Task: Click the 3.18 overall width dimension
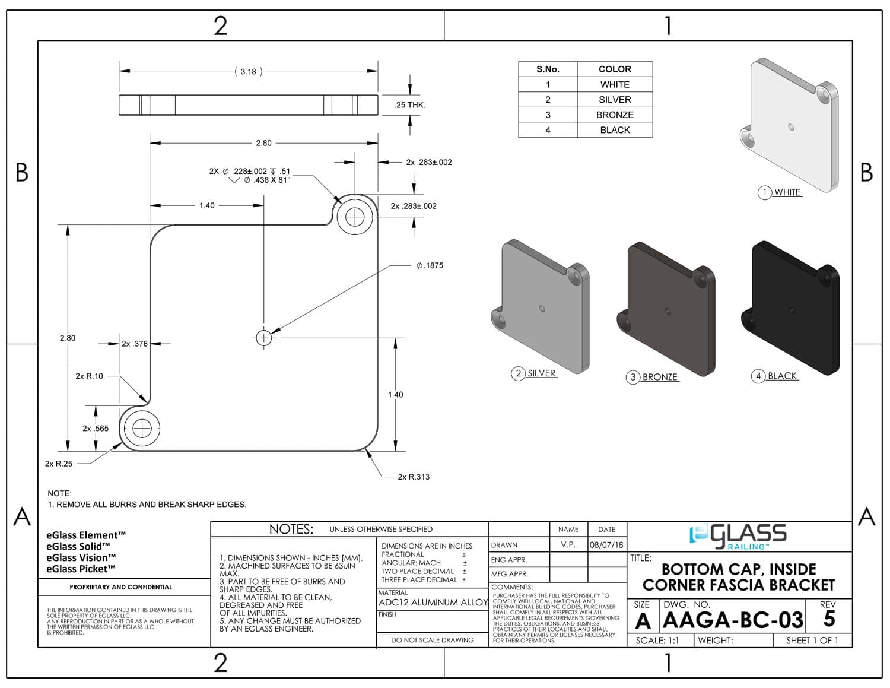(248, 72)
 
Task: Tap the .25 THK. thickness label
(410, 105)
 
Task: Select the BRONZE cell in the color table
(615, 115)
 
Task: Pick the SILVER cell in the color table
(615, 100)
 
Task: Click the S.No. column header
(548, 69)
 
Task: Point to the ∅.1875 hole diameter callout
(430, 265)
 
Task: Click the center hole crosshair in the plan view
(263, 338)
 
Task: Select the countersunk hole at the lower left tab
(142, 428)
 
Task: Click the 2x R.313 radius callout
(414, 477)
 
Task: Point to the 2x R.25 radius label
(59, 464)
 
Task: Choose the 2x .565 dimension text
(96, 428)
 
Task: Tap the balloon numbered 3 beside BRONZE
(633, 377)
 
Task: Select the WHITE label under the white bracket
(787, 192)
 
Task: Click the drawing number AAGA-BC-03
(733, 620)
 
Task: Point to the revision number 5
(829, 619)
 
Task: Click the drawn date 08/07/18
(606, 545)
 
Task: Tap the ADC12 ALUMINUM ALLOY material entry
(433, 603)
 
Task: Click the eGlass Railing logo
(739, 535)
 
